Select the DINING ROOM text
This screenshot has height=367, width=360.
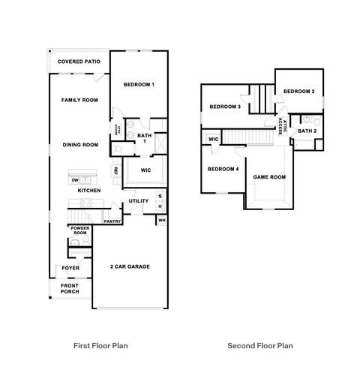(x=80, y=145)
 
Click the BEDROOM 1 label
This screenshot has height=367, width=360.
(x=139, y=85)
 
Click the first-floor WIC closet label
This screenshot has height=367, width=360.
(x=146, y=170)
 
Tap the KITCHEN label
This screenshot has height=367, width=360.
(x=90, y=191)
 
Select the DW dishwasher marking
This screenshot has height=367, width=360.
(x=75, y=180)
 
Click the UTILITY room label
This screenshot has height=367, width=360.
(x=139, y=201)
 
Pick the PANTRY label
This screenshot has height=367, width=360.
(x=112, y=221)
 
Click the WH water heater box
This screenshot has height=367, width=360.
(x=161, y=221)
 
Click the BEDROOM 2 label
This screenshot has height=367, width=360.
(x=298, y=92)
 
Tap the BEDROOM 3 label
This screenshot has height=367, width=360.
(x=224, y=107)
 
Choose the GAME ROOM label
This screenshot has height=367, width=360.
(x=269, y=177)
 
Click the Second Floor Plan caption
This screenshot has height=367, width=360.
(x=260, y=346)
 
